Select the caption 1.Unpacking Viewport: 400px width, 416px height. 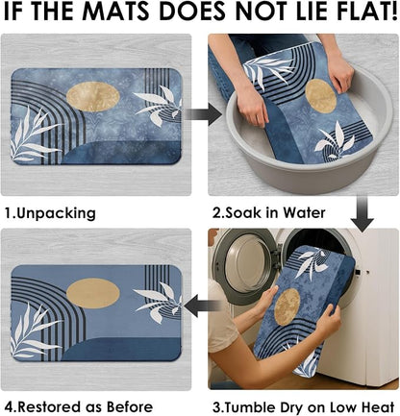50,213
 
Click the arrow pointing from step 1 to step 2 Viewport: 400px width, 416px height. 203,114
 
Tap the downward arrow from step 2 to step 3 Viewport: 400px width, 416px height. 362,213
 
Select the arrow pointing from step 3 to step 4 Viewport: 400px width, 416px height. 203,306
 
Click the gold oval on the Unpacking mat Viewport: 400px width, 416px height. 93,96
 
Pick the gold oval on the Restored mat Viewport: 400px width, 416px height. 93,293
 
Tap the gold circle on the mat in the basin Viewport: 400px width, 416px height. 320,96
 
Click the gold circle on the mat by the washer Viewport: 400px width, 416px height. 287,306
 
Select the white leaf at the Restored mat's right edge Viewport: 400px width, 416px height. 158,302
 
